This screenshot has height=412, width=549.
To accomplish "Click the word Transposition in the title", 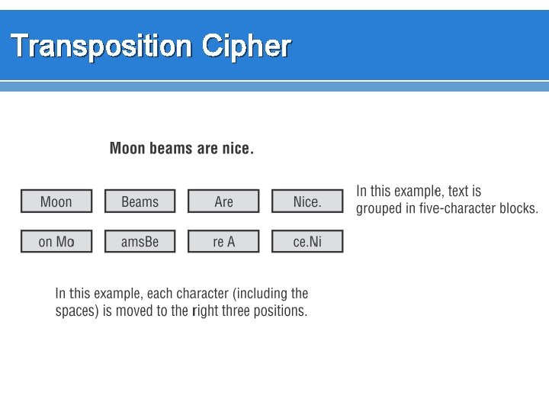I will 101,47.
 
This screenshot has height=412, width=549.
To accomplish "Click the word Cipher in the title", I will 246,47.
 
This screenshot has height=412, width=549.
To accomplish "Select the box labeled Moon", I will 56,201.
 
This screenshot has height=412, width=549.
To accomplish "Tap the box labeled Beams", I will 140,201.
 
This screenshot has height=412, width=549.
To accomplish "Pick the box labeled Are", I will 223,201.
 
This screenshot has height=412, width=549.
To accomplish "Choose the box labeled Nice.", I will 307,201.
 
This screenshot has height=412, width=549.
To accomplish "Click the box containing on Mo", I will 56,242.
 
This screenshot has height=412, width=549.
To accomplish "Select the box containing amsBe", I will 140,242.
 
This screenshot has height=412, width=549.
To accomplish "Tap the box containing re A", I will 223,242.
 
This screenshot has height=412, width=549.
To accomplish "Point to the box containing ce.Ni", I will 307,242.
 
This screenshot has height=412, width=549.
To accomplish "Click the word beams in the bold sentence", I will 171,148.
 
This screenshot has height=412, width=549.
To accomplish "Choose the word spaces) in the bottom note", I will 77,311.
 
